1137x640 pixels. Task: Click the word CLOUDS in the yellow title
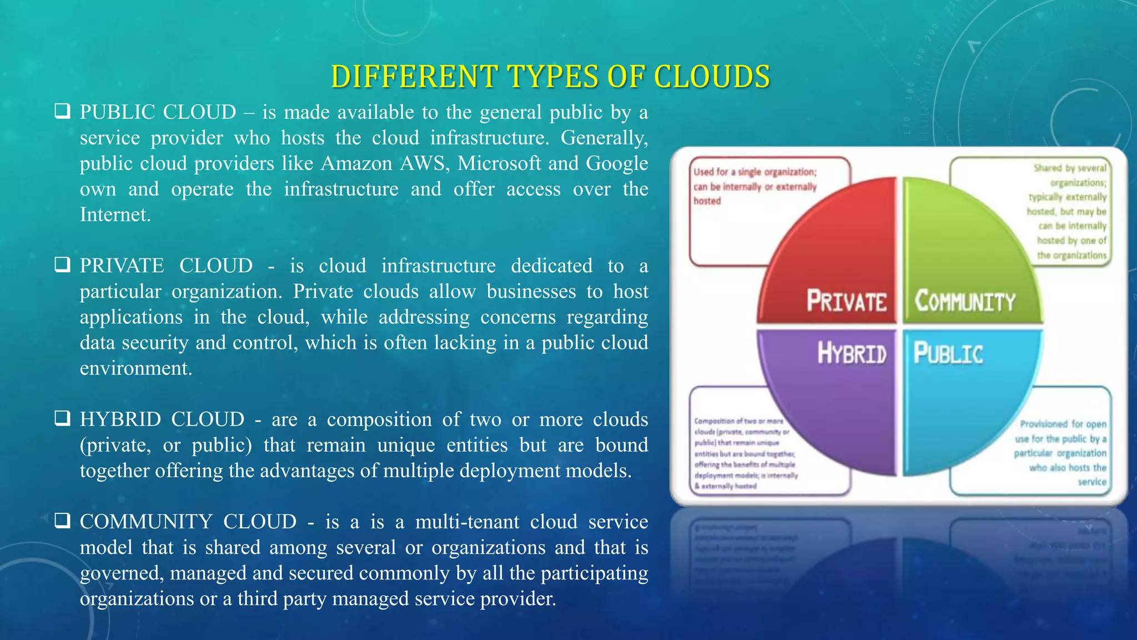pyautogui.click(x=712, y=77)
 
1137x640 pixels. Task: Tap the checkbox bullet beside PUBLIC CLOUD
pyautogui.click(x=62, y=111)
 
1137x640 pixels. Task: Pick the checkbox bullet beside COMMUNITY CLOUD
pyautogui.click(x=62, y=521)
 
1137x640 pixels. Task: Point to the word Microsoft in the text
pyautogui.click(x=499, y=163)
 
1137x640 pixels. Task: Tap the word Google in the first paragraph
pyautogui.click(x=617, y=163)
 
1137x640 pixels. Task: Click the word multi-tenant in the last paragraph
pyautogui.click(x=468, y=522)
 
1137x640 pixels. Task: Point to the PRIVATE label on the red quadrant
pyautogui.click(x=846, y=301)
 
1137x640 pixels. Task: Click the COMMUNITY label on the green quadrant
pyautogui.click(x=965, y=301)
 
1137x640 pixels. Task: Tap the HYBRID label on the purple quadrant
pyautogui.click(x=852, y=353)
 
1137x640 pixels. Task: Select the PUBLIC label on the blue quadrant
pyautogui.click(x=948, y=353)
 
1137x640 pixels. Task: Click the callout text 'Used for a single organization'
pyautogui.click(x=754, y=172)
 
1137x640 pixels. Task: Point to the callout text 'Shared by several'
pyautogui.click(x=1069, y=168)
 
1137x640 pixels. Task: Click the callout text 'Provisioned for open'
pyautogui.click(x=1063, y=424)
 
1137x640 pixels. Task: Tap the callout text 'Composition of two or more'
pyautogui.click(x=738, y=421)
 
